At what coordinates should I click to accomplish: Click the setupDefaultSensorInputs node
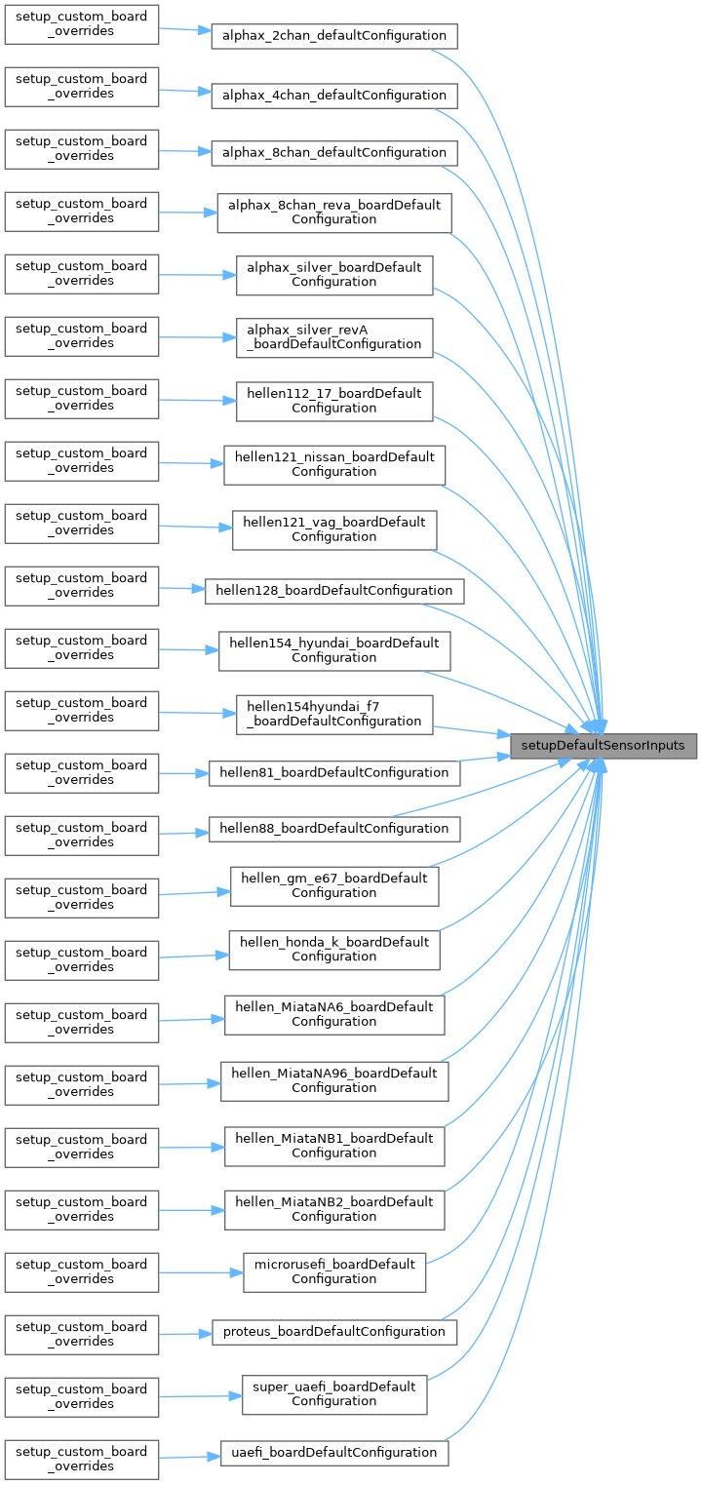tap(604, 746)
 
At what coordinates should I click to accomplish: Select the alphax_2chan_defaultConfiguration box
tap(334, 36)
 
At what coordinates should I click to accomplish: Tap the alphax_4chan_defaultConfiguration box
tap(334, 95)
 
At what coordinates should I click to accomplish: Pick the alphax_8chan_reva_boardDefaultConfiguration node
tap(334, 212)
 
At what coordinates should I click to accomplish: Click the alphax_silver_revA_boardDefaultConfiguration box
tap(334, 336)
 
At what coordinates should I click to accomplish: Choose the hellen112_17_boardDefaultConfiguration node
tap(334, 401)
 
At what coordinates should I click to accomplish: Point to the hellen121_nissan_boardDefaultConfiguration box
tap(334, 464)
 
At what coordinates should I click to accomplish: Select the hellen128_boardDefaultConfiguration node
tap(334, 590)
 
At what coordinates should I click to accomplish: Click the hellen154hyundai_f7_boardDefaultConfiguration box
tap(334, 714)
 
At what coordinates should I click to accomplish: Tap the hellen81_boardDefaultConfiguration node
tap(334, 772)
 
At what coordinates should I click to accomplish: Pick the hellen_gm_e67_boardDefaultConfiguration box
tap(334, 885)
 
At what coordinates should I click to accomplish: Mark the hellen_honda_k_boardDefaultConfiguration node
tap(334, 949)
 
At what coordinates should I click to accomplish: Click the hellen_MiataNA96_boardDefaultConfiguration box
tap(334, 1080)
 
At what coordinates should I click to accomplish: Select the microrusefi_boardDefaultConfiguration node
tap(334, 1271)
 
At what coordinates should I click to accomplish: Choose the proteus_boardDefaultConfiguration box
tap(334, 1331)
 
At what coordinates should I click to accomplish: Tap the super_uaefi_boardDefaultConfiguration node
tap(334, 1393)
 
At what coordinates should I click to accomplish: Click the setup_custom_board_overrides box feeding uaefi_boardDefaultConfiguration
tap(82, 1459)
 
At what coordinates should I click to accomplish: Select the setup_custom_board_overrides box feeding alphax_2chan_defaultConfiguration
tap(82, 23)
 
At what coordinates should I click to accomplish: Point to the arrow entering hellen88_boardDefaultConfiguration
tap(184, 834)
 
